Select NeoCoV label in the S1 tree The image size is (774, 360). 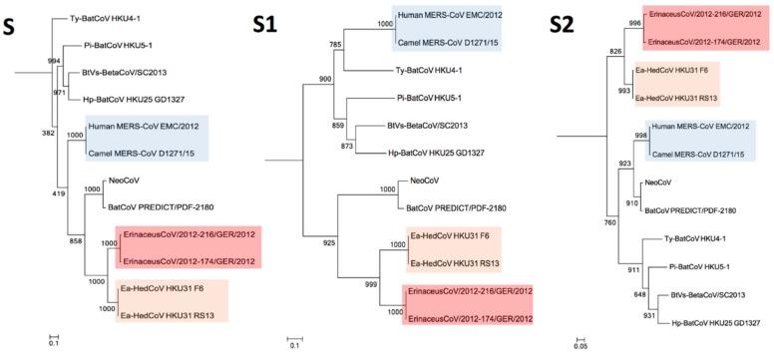[429, 181]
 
